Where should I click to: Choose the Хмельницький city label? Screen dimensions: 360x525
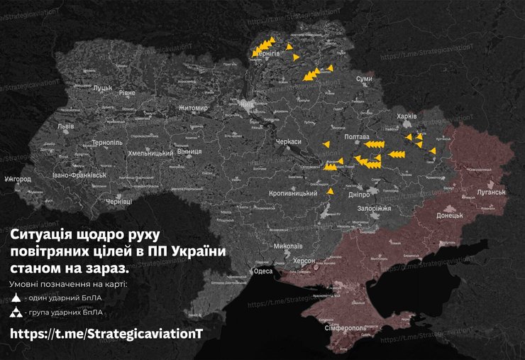pos(150,153)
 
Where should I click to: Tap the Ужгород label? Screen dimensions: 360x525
pos(17,179)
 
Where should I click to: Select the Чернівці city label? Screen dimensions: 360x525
pos(118,202)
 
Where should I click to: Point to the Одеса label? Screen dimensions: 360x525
pos(263,271)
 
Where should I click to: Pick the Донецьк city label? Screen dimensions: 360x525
pos(449,214)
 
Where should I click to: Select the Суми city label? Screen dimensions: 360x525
pos(364,78)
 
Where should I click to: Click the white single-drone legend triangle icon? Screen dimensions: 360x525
pos(16,298)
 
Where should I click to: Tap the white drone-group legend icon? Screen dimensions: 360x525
pos(16,313)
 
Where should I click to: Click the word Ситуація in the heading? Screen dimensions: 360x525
pos(40,234)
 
